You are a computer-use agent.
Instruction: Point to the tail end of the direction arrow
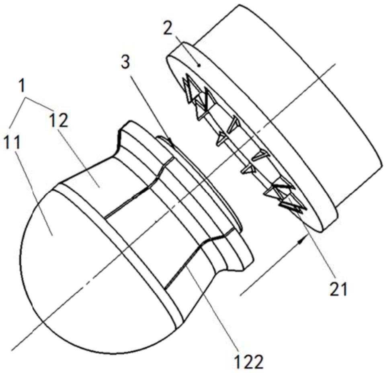241,295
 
